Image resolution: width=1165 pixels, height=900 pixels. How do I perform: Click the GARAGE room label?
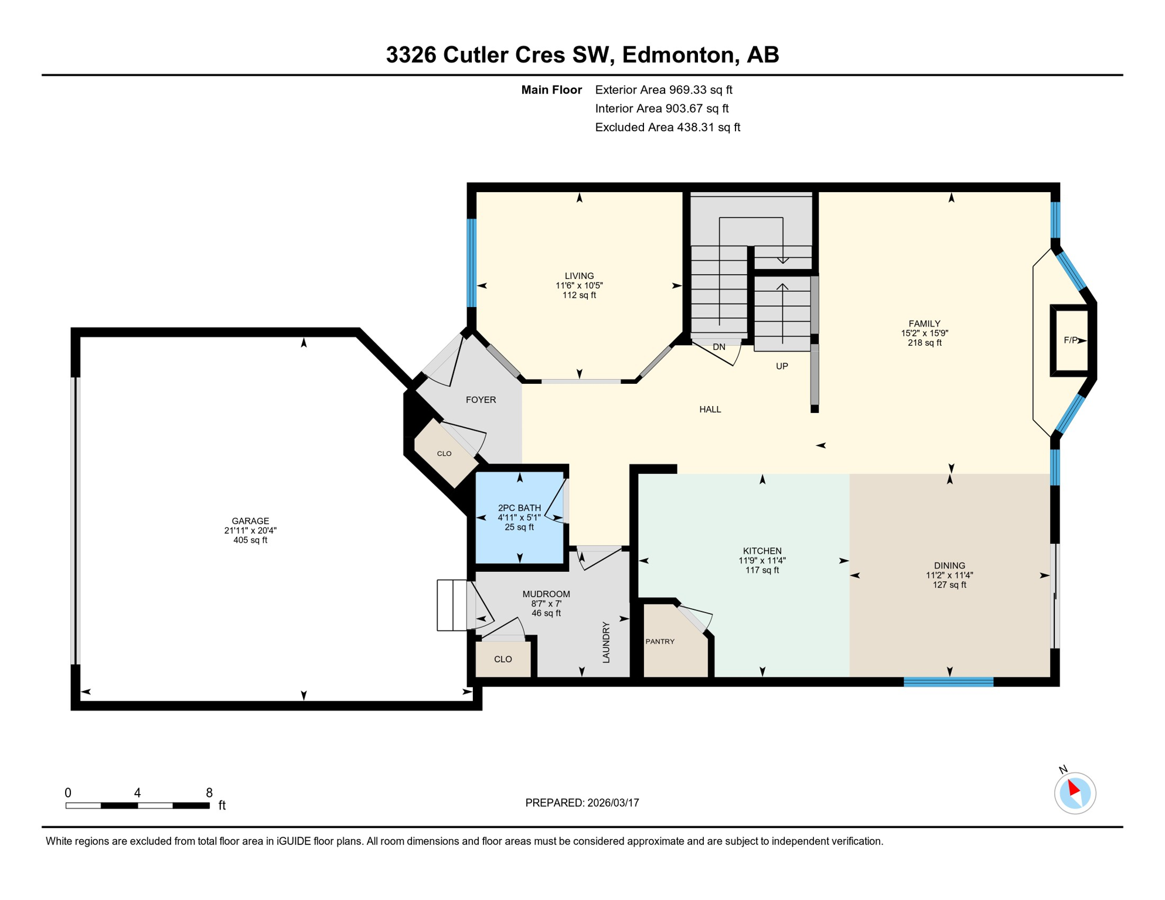click(x=250, y=521)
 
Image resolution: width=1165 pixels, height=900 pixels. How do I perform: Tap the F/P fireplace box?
click(x=1071, y=340)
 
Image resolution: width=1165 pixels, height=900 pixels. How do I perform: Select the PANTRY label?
click(x=660, y=642)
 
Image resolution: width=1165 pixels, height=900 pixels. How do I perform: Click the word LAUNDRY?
click(x=606, y=643)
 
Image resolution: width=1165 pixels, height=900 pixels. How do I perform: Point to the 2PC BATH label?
click(x=519, y=508)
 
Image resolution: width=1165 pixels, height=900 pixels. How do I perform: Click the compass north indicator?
click(x=1074, y=789)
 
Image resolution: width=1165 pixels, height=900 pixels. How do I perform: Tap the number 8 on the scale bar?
click(x=209, y=793)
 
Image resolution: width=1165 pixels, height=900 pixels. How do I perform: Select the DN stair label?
click(x=719, y=347)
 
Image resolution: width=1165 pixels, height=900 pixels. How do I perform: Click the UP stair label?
click(x=782, y=366)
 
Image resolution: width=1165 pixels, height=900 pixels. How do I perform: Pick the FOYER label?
click(x=481, y=400)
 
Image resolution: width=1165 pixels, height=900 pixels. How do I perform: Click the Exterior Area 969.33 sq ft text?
click(x=663, y=90)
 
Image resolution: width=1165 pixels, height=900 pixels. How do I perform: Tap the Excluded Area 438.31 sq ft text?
click(x=667, y=127)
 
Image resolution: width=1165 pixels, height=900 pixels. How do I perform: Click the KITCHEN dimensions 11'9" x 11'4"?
click(x=762, y=561)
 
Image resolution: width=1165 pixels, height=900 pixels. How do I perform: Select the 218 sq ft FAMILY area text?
click(x=924, y=343)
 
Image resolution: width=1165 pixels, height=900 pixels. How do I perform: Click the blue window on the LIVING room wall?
click(x=471, y=262)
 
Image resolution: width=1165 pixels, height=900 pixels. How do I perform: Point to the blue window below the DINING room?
click(x=948, y=681)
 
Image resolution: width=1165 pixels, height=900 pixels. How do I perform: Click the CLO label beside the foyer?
click(x=444, y=454)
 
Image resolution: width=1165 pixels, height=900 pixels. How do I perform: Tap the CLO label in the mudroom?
click(x=503, y=659)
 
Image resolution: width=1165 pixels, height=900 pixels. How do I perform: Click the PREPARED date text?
click(x=582, y=803)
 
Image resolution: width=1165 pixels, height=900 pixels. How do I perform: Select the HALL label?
click(x=710, y=410)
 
